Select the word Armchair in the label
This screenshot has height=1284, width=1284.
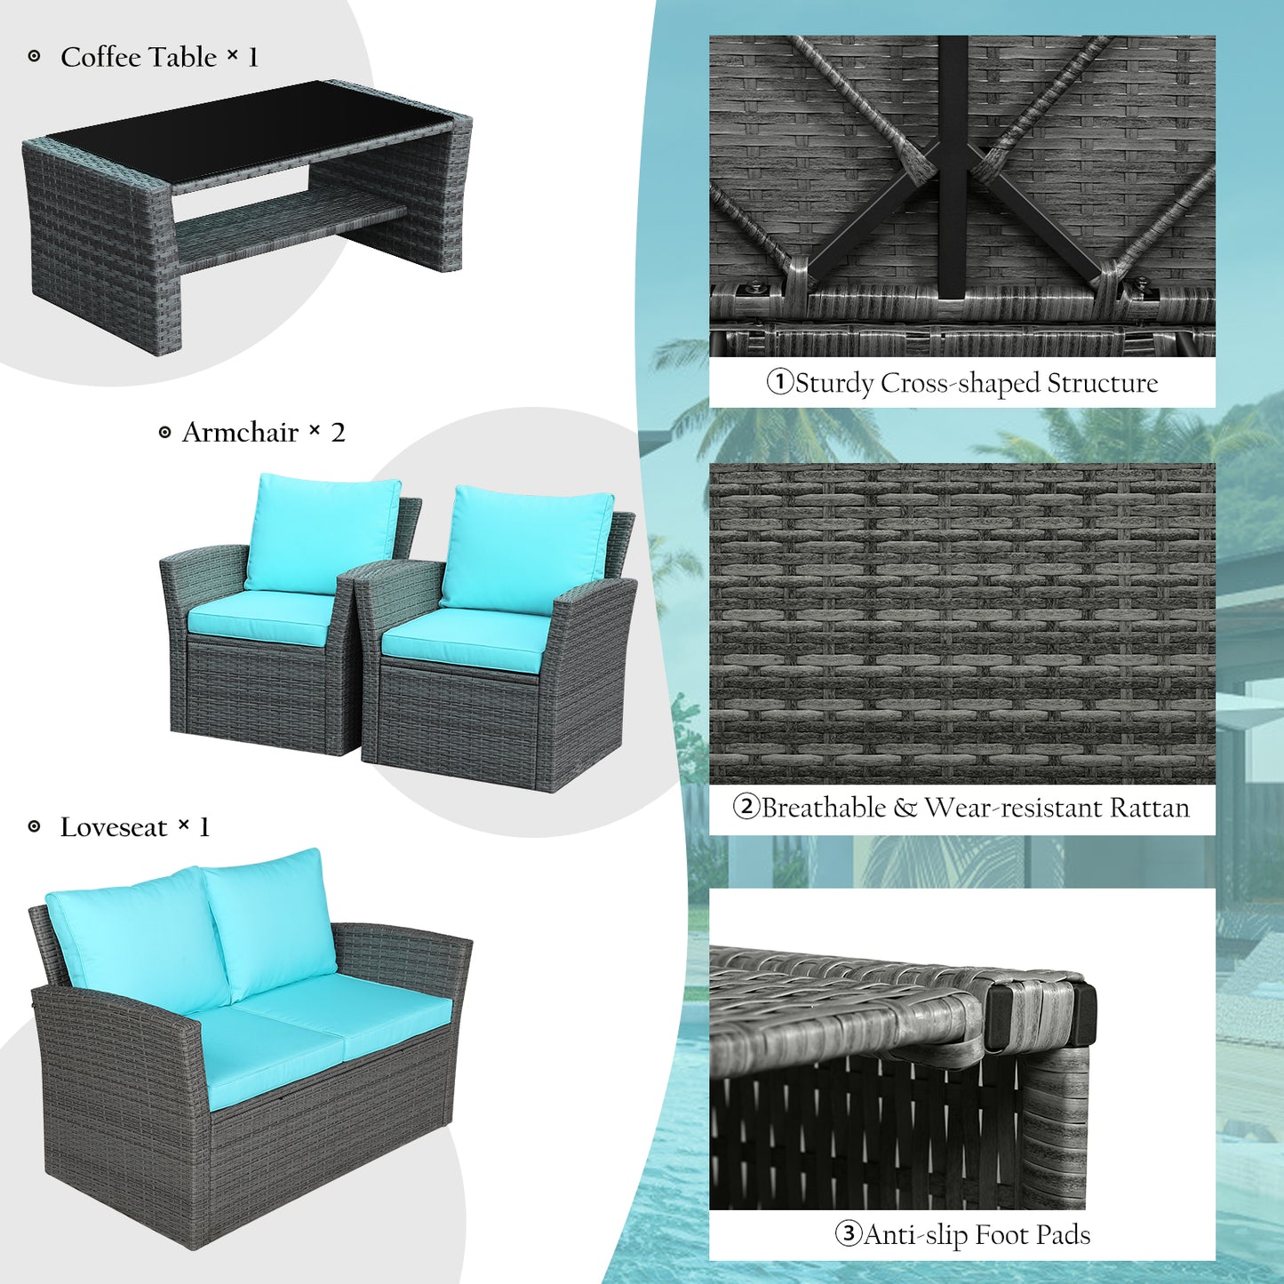[240, 433]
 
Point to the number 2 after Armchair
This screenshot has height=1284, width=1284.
[338, 433]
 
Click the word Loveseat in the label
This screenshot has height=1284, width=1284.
[114, 827]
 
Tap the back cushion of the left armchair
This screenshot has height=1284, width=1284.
[323, 533]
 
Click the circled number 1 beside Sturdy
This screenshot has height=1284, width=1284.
[779, 382]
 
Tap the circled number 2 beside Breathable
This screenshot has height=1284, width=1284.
[746, 807]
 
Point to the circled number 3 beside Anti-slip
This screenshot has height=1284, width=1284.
[849, 1234]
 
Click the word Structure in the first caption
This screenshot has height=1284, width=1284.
[1103, 383]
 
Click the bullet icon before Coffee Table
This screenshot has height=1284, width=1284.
[34, 57]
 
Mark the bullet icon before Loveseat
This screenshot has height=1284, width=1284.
[34, 827]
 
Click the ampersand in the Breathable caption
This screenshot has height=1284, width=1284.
[905, 808]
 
